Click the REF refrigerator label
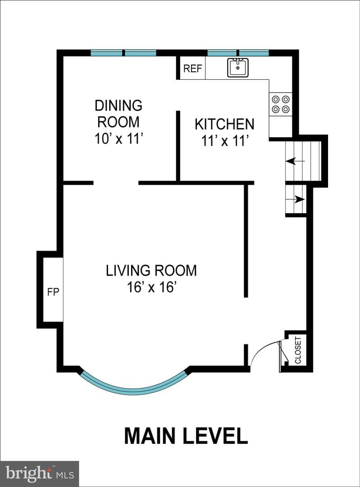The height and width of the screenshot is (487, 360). point(192,69)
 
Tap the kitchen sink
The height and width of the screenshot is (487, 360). point(238,67)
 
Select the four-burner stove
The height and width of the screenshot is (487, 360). point(281,104)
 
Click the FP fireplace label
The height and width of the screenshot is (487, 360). point(53,292)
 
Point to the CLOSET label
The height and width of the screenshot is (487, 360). point(298,350)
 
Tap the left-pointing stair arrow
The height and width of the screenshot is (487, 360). point(295,161)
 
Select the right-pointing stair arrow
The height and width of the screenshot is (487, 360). point(295,199)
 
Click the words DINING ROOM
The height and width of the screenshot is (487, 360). point(118,114)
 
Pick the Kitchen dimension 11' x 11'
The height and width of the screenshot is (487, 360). point(225,141)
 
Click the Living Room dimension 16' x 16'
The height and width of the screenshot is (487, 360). point(151,287)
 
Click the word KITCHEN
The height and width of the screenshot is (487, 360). point(224,124)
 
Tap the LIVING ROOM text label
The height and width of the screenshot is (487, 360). point(151,271)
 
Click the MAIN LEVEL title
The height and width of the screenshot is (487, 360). point(186,436)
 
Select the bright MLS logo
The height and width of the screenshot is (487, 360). point(39,473)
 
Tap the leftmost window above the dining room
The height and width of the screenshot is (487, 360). point(106,53)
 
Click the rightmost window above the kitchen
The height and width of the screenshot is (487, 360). point(254,53)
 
